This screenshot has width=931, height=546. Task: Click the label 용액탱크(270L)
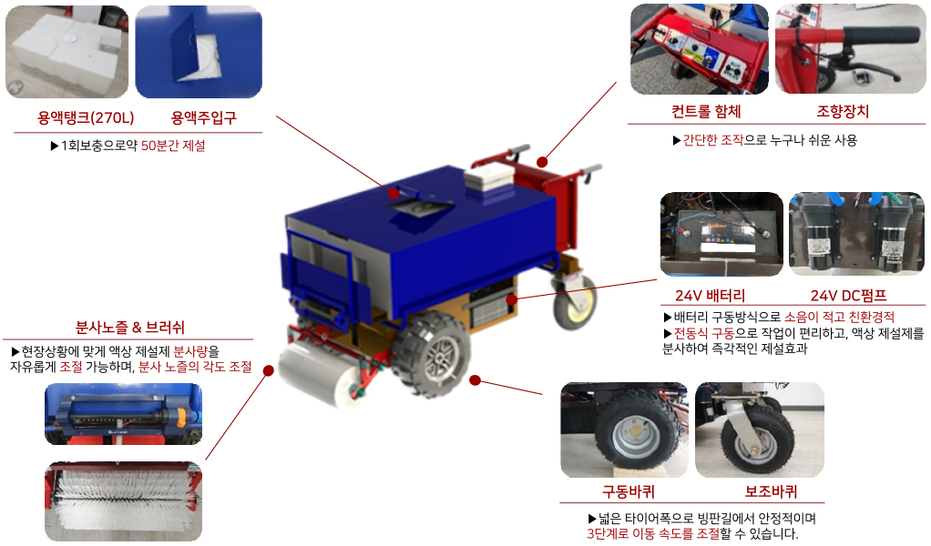(x=87, y=117)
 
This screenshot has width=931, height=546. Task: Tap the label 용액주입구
(x=204, y=117)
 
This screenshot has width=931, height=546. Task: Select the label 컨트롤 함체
(x=706, y=111)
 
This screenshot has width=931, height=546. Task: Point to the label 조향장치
(x=843, y=111)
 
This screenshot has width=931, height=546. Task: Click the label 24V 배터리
(x=711, y=295)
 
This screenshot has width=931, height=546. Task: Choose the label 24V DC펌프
(x=848, y=295)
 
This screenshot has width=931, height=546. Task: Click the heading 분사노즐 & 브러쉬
(x=129, y=328)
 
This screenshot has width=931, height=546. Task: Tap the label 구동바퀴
(x=629, y=491)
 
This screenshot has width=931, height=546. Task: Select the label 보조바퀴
(x=771, y=491)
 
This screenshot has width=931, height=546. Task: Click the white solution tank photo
(x=66, y=52)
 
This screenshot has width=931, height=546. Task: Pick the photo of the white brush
(x=124, y=501)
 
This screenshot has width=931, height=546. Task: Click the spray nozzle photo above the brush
(x=124, y=414)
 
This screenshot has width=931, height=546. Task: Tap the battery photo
(x=721, y=234)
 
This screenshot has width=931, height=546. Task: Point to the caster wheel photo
(x=760, y=430)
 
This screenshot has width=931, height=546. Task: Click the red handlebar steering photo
(x=850, y=48)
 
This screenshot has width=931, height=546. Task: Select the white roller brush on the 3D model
(x=319, y=377)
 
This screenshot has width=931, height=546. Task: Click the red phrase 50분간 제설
(x=173, y=146)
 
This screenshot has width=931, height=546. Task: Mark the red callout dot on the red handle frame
(x=541, y=161)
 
